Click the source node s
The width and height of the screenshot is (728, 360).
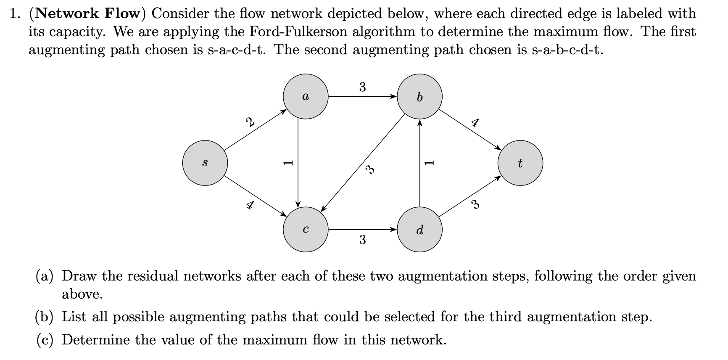[205, 163]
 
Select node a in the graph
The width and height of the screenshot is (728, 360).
[306, 97]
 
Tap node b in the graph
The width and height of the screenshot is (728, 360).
[419, 97]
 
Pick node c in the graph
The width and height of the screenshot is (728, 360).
[306, 230]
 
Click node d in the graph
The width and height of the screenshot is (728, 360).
[419, 230]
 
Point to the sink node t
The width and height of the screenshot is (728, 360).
[520, 163]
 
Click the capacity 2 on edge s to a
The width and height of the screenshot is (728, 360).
[250, 123]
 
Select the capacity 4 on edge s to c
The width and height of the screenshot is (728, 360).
[250, 205]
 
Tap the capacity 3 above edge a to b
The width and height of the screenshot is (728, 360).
[362, 87]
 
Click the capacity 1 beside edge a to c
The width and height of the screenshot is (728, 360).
[288, 163]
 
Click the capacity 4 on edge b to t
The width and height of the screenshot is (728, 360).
[475, 123]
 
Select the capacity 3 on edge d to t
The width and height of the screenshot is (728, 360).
[475, 205]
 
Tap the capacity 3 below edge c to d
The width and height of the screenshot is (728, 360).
[362, 240]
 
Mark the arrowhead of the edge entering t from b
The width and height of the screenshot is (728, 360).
[498, 148]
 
